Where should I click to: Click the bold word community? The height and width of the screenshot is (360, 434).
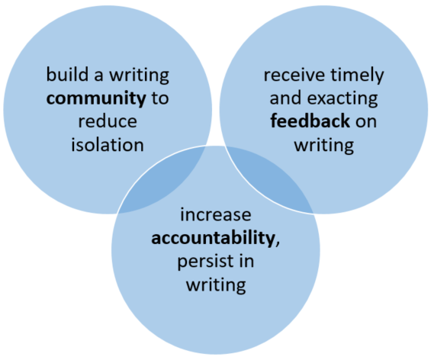[96, 99]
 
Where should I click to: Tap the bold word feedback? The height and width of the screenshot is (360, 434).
[310, 121]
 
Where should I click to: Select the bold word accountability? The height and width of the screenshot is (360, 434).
[213, 238]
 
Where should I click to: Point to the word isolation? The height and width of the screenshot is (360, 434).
[108, 144]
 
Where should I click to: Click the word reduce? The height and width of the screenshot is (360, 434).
[108, 121]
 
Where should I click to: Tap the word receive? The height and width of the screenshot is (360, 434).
[294, 75]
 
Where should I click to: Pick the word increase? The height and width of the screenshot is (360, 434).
[216, 215]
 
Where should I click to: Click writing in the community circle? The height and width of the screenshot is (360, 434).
[139, 76]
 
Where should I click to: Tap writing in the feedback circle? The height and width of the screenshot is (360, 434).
[324, 145]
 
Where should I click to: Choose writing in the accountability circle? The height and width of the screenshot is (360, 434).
[216, 285]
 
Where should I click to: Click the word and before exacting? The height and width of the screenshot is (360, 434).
[285, 98]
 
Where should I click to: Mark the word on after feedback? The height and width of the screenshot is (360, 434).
[366, 122]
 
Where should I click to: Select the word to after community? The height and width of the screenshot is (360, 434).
[160, 98]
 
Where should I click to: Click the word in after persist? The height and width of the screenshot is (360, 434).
[246, 261]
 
